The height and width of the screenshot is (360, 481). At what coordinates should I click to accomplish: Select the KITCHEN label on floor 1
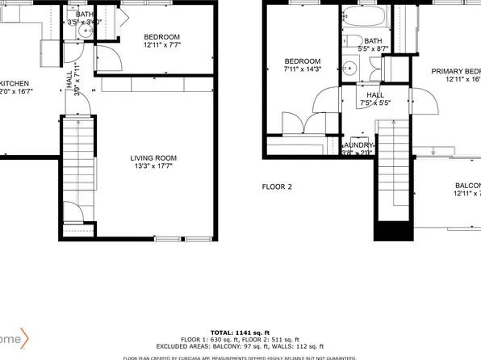pos(15,83)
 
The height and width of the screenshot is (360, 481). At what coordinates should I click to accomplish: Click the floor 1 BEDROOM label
pos(161,37)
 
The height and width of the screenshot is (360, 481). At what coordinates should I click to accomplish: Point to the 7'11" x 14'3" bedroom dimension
pos(303,69)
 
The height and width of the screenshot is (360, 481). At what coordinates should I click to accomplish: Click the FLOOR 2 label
pos(277,186)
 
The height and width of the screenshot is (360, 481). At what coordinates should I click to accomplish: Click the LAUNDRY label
pos(358,145)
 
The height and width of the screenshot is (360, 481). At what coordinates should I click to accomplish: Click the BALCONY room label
pos(466,185)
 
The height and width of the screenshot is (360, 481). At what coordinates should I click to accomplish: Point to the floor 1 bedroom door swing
pos(107,58)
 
